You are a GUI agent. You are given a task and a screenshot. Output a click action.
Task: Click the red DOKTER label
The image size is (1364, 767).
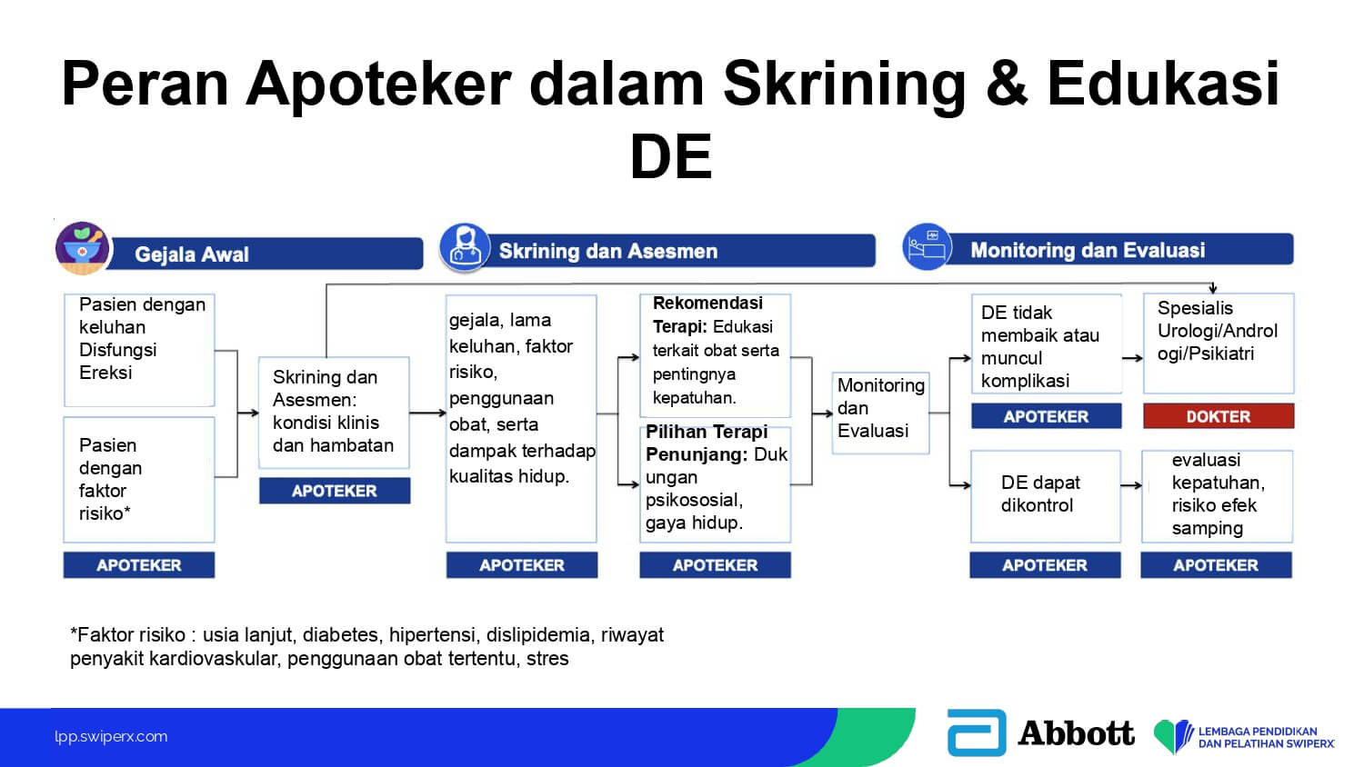coord(1218,416)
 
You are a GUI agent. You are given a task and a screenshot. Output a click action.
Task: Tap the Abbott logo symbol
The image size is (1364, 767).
coord(976,732)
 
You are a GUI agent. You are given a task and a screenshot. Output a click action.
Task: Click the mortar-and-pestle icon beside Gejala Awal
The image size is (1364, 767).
coord(83,247)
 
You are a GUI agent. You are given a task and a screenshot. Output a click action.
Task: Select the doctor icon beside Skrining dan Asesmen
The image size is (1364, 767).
coord(465,247)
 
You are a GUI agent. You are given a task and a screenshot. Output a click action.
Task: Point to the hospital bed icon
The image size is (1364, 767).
coord(927,247)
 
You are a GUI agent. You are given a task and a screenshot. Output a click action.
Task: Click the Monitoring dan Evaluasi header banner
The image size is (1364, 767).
coord(1118,250)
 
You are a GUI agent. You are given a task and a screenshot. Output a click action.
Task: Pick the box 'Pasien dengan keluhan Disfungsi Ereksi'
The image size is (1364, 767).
coord(139,349)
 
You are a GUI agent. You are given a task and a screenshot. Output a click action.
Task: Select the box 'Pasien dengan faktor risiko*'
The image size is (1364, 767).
coord(139,479)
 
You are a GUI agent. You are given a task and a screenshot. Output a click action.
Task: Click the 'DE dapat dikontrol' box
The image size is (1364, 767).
coord(1045,495)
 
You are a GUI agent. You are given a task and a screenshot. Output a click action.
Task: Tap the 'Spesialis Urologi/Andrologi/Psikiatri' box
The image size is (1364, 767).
coord(1218,343)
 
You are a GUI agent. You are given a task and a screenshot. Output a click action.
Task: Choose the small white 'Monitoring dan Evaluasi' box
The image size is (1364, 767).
coord(880,412)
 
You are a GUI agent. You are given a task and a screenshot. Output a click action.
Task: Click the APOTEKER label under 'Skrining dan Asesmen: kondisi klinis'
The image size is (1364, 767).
coord(334,491)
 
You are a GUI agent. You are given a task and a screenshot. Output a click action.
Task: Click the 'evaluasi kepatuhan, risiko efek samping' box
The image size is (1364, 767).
coord(1217,495)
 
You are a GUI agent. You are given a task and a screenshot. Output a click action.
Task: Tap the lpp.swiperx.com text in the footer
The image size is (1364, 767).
coord(111,736)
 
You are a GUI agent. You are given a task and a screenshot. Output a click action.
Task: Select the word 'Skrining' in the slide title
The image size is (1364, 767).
coord(843,84)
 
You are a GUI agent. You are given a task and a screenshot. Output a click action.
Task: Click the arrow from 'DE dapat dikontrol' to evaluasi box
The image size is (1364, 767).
coord(1130,486)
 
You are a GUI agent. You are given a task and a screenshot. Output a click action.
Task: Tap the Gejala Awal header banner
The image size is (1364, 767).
coord(264,254)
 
